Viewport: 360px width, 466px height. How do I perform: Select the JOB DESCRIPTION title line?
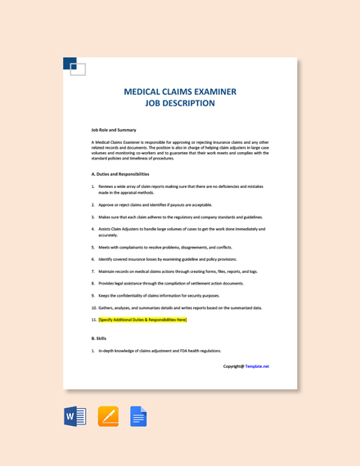point(180,104)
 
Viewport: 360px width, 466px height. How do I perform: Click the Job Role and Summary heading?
point(114,130)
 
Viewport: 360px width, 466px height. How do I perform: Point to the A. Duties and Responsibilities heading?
point(120,173)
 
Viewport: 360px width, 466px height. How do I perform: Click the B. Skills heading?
point(99,338)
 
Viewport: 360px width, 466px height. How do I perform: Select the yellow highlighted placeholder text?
point(142,320)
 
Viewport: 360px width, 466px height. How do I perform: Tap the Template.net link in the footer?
point(257,366)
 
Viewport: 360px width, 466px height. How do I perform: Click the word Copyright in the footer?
point(233,366)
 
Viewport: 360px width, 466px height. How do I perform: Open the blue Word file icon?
point(75,417)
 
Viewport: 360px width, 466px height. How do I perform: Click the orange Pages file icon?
point(108,417)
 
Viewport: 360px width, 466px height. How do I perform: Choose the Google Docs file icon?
point(138,417)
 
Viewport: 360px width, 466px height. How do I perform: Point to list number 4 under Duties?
point(93,229)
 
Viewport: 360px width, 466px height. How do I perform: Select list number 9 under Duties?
point(93,295)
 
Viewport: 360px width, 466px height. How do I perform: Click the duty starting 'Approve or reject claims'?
point(155,205)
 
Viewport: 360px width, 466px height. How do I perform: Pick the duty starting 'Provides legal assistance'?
point(171,283)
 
